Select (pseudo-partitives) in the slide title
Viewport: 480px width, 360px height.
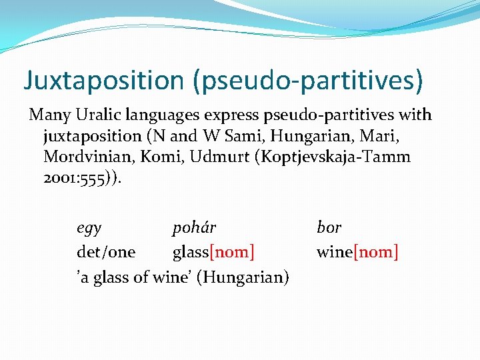pyautogui.click(x=307, y=81)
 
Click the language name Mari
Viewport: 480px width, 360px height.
pyautogui.click(x=387, y=137)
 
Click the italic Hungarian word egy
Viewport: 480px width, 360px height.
pyautogui.click(x=89, y=228)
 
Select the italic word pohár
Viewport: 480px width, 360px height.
pyautogui.click(x=194, y=228)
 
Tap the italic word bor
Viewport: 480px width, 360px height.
pyautogui.click(x=329, y=228)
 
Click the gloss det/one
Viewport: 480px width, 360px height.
pyautogui.click(x=106, y=253)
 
